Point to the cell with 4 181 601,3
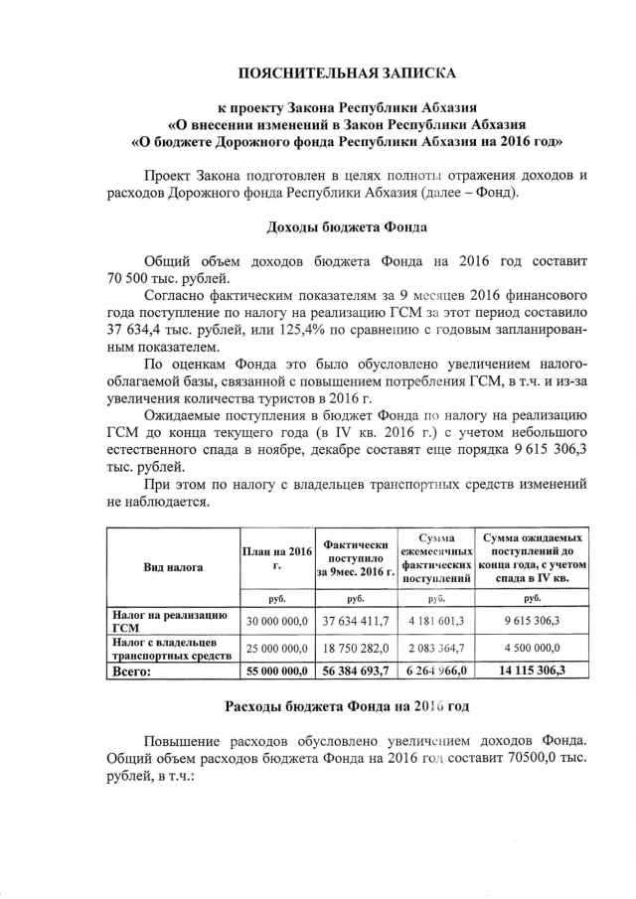[435, 622]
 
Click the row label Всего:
[134, 671]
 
